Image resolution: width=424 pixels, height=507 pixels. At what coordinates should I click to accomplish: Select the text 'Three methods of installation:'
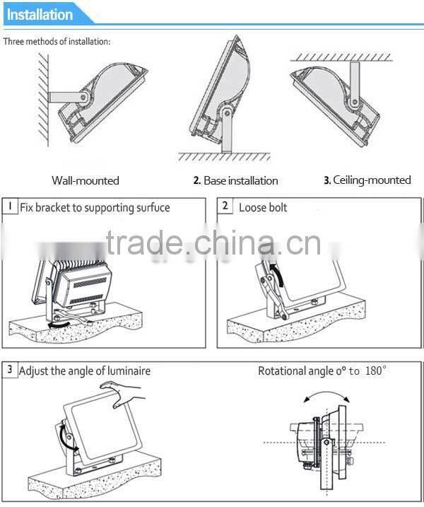pos(57,41)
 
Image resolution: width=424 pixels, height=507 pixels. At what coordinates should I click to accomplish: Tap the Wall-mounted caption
pos(86,180)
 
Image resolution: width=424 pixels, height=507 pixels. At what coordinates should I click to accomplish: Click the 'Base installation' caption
pos(235,181)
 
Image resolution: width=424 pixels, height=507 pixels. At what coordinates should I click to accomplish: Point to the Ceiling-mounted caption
pos(367,180)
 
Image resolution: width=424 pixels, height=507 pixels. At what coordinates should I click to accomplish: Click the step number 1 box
pos(11,206)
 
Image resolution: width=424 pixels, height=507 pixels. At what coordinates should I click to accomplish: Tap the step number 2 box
pos(225,206)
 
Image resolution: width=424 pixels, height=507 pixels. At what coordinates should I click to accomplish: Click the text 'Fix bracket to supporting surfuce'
pos(95,208)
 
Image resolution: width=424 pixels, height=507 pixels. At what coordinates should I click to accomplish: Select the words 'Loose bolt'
pos(263,208)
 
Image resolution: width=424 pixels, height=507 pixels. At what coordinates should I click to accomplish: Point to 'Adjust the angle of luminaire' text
pos(85,371)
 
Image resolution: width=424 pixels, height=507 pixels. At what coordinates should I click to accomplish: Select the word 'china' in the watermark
pos(227,243)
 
